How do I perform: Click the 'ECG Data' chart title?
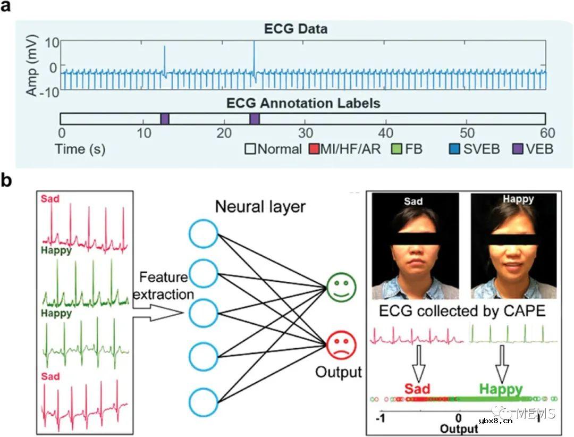pyautogui.click(x=296, y=29)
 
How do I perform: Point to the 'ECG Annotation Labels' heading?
pyautogui.click(x=303, y=103)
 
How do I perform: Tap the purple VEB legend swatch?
pyautogui.click(x=518, y=149)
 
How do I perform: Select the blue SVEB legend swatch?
pyautogui.click(x=454, y=149)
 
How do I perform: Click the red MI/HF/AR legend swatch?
pyautogui.click(x=314, y=149)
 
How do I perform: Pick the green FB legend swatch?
pyautogui.click(x=396, y=149)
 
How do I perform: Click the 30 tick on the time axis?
pyautogui.click(x=305, y=133)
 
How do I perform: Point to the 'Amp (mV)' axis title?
pyautogui.click(x=32, y=65)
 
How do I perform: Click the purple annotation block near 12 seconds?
pyautogui.click(x=165, y=119)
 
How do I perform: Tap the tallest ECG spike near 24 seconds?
pyautogui.click(x=254, y=57)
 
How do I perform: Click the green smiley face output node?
pyautogui.click(x=341, y=287)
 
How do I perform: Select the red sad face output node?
pyautogui.click(x=341, y=344)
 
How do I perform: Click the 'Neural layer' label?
pyautogui.click(x=260, y=207)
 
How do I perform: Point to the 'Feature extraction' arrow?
pyautogui.click(x=157, y=314)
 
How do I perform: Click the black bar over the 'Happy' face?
pyautogui.click(x=514, y=240)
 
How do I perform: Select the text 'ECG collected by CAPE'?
pyautogui.click(x=462, y=311)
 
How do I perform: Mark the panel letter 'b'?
pyautogui.click(x=6, y=181)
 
